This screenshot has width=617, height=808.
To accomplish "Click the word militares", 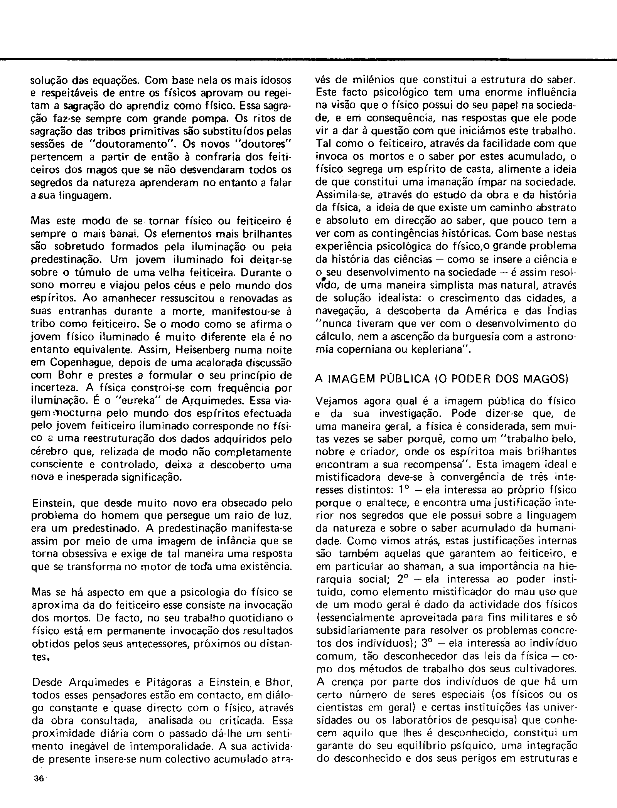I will click(x=516, y=618).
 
